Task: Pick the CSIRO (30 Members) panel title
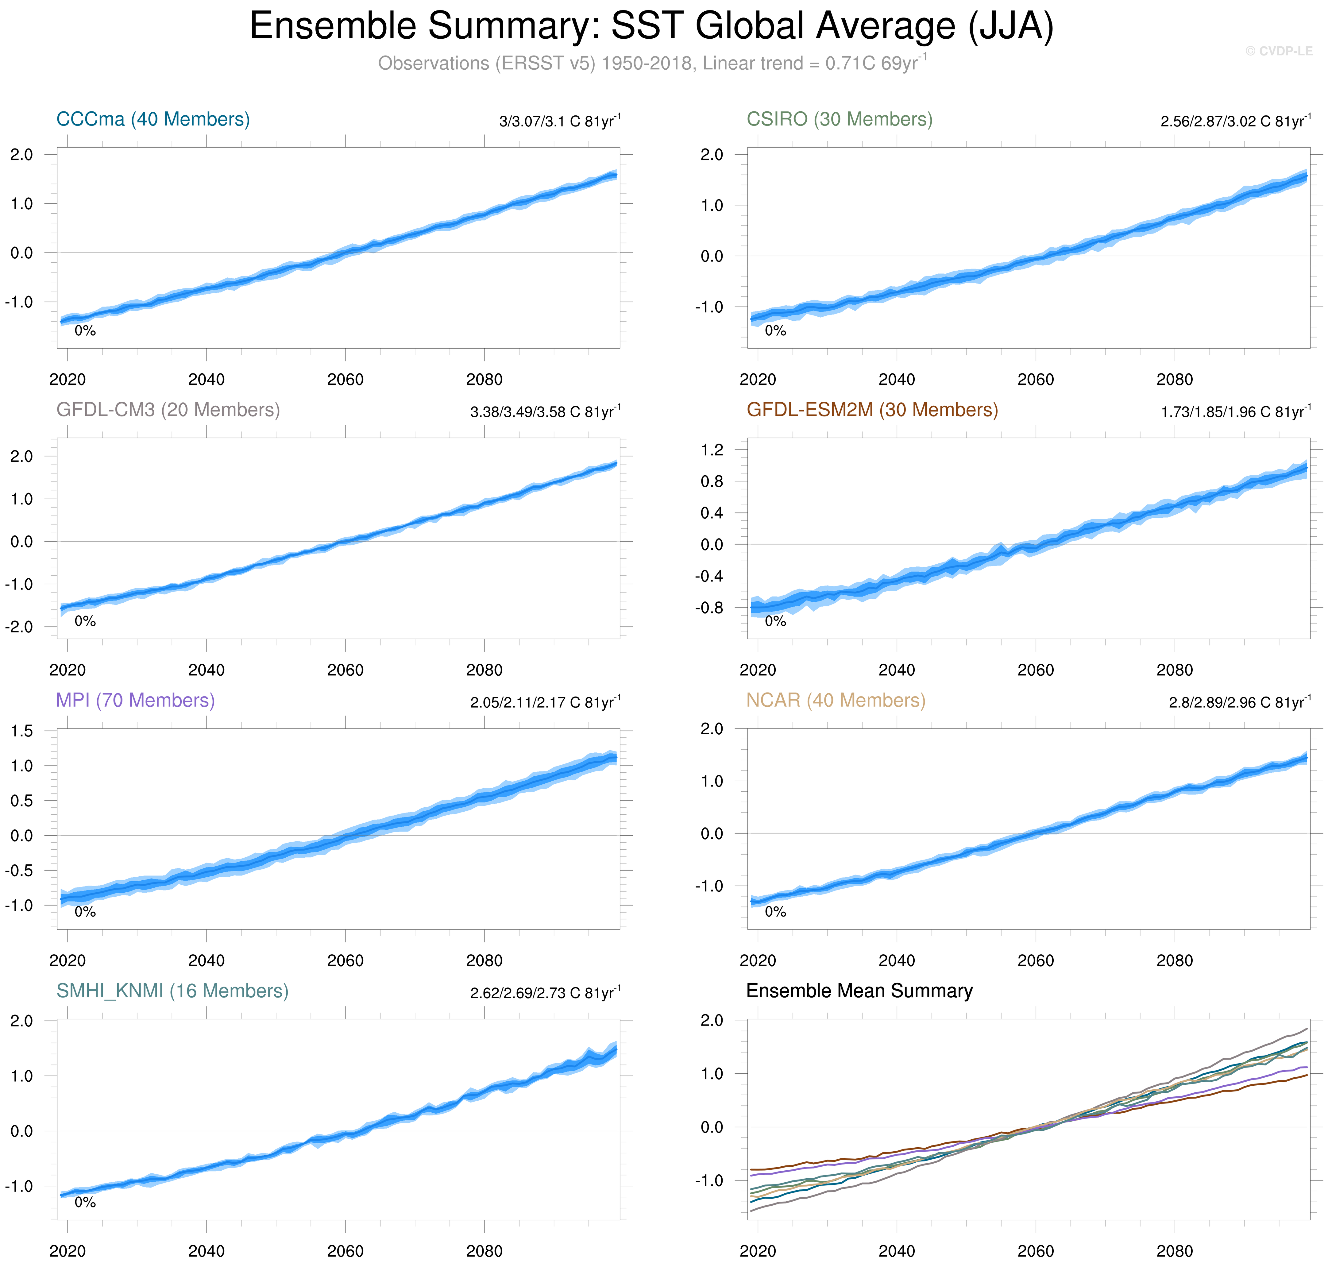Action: [839, 120]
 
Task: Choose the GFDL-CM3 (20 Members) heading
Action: [168, 410]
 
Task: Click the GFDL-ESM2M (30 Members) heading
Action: [872, 410]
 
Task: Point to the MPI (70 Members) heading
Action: [135, 700]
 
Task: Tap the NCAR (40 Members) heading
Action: [836, 700]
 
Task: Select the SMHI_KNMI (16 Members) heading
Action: [172, 991]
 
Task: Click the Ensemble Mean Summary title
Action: [859, 991]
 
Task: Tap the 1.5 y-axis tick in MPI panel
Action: [21, 731]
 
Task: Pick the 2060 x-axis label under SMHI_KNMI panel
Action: [345, 1251]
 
